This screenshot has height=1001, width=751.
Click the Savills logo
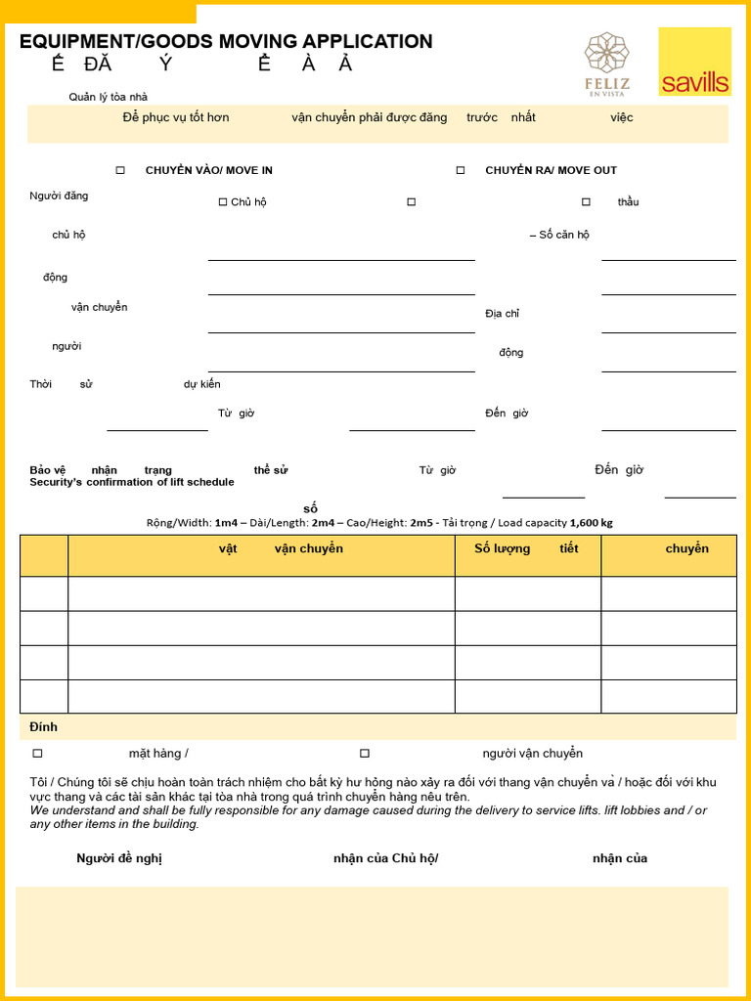(694, 62)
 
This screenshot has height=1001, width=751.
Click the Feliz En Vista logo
(607, 64)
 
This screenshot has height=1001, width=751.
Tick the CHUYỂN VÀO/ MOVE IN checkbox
(120, 170)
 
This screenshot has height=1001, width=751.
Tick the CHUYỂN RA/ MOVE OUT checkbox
(461, 170)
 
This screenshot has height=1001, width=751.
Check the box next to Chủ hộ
(223, 202)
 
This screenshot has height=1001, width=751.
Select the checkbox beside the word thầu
(586, 202)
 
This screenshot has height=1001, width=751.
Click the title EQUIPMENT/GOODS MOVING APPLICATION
(226, 41)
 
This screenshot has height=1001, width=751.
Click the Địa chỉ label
(502, 314)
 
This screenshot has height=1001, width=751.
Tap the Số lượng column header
(502, 548)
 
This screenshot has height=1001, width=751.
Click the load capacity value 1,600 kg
(592, 523)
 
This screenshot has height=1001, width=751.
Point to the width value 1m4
(226, 523)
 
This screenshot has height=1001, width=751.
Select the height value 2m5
(421, 523)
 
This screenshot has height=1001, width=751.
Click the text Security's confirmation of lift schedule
(132, 482)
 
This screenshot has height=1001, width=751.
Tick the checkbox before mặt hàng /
(38, 754)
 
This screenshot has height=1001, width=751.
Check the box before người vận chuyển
(365, 754)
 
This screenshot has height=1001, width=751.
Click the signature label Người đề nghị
(119, 858)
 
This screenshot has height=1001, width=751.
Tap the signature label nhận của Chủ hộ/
(385, 858)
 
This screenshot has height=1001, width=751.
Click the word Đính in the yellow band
(43, 727)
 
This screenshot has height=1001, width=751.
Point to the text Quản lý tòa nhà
(108, 97)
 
